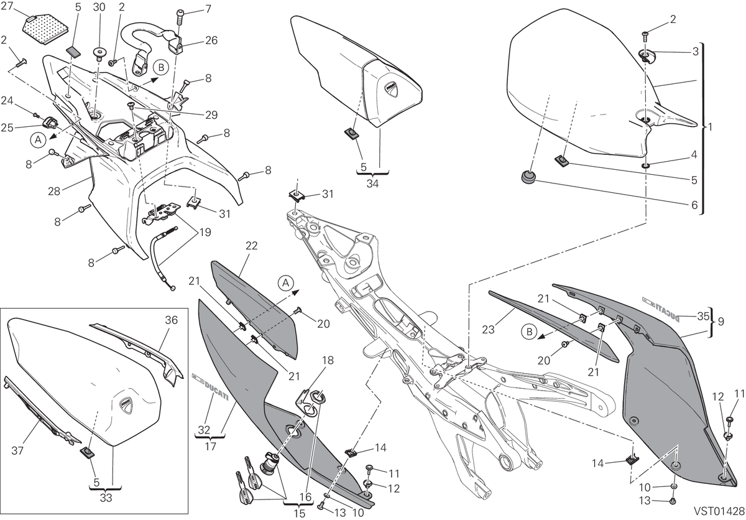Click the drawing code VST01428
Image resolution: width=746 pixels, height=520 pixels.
(719, 511)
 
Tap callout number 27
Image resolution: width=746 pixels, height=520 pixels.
(7, 7)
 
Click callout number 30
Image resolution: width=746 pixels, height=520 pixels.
(99, 7)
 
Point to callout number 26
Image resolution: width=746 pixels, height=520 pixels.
(211, 40)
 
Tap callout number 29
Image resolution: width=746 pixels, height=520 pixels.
(211, 115)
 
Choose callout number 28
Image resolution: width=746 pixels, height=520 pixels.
(54, 191)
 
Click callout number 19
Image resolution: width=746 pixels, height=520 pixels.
(205, 232)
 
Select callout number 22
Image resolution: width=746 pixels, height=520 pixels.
(251, 246)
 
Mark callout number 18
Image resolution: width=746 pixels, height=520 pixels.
(328, 360)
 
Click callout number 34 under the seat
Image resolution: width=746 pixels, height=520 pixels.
(372, 183)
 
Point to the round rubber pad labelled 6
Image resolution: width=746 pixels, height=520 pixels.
(528, 177)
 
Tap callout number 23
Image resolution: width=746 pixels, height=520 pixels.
(488, 330)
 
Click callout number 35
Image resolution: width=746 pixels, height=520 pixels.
(703, 316)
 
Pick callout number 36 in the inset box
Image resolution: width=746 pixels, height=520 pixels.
(172, 320)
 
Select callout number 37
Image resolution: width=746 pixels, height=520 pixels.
(17, 451)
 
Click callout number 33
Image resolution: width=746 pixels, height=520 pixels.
(106, 498)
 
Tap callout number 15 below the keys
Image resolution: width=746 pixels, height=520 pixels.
(300, 513)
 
